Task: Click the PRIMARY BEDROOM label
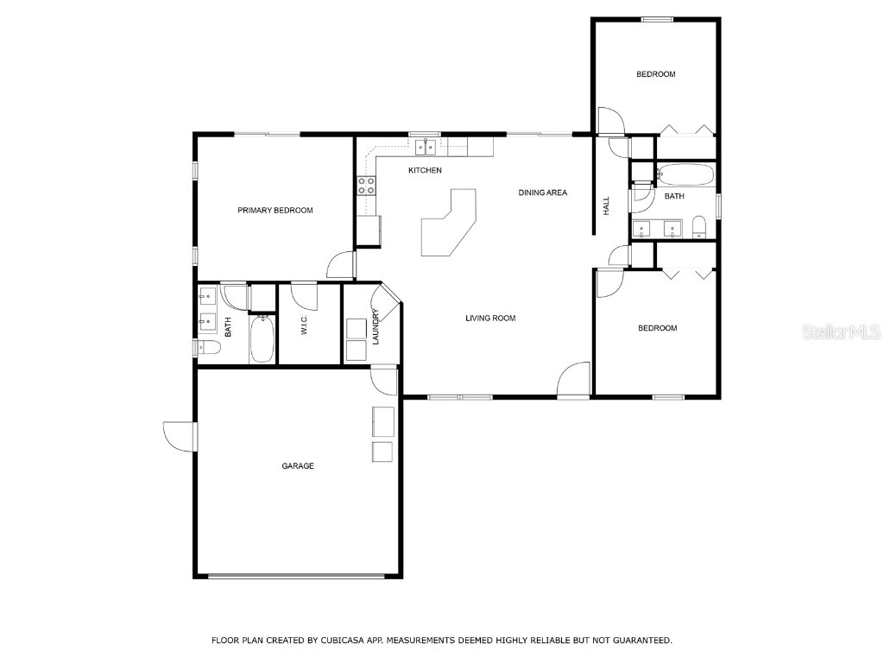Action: [x=275, y=211]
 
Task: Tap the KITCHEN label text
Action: [x=425, y=170]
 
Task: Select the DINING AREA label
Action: [x=542, y=193]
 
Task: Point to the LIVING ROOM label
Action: [x=490, y=318]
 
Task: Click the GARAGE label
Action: [x=298, y=465]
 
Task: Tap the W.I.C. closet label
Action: [x=305, y=325]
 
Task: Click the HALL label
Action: [x=607, y=205]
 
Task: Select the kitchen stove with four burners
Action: [x=366, y=186]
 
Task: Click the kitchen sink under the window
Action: [x=425, y=147]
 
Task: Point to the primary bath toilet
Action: [x=208, y=347]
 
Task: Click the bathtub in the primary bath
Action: [x=262, y=338]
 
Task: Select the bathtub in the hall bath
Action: [x=685, y=174]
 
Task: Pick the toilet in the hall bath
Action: [x=699, y=227]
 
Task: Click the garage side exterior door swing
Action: [x=180, y=436]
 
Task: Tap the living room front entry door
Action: [x=573, y=380]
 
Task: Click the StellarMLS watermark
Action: [x=841, y=331]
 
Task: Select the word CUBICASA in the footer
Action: [x=341, y=641]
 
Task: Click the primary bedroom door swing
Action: [x=341, y=265]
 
